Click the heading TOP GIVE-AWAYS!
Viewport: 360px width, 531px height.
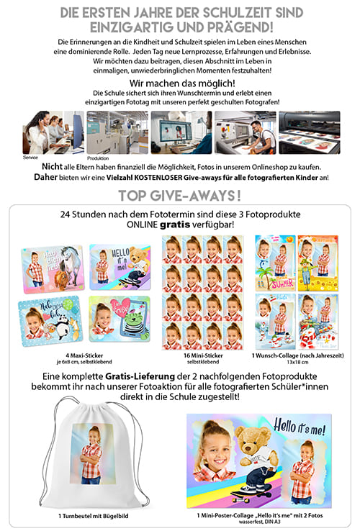pyautogui.click(x=179, y=196)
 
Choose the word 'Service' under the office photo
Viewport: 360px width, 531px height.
pyautogui.click(x=30, y=156)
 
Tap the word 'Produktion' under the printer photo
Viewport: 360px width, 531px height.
pyautogui.click(x=98, y=158)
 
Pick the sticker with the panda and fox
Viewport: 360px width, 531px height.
pyautogui.click(x=49, y=322)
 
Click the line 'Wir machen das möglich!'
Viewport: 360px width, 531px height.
pyautogui.click(x=180, y=83)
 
